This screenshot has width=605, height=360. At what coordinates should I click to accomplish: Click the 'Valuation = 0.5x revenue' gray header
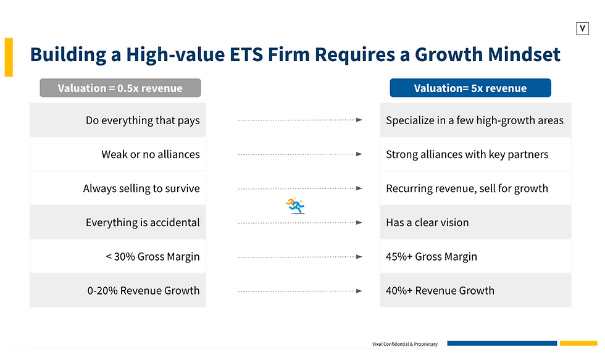120,88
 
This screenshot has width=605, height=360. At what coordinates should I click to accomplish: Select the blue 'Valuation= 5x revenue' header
470,88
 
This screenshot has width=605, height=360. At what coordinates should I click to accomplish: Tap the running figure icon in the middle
295,206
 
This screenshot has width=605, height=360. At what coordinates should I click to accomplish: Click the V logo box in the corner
582,28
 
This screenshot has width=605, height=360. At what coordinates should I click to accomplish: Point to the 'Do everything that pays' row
143,120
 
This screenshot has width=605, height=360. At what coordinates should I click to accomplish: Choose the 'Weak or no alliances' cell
151,154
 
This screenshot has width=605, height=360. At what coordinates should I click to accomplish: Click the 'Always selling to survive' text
141,188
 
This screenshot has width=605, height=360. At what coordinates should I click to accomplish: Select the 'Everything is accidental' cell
143,222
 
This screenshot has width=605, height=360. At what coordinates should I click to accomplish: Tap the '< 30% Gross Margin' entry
152,256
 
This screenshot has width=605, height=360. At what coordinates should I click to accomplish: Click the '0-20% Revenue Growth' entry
143,290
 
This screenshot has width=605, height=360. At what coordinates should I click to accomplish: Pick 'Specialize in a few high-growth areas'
474,120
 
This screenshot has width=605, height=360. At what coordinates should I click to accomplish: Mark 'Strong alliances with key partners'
467,154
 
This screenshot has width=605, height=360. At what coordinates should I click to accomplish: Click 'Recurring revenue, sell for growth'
467,188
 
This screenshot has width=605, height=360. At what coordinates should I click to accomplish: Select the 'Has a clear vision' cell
427,222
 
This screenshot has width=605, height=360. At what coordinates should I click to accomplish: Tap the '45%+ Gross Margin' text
432,256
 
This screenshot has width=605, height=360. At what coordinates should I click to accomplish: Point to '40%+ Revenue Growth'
440,290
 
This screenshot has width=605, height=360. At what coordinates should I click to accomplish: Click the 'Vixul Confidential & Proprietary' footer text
404,344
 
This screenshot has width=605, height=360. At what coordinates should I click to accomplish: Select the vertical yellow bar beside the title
9,57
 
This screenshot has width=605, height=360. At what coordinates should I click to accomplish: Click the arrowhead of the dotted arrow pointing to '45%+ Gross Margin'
359,256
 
